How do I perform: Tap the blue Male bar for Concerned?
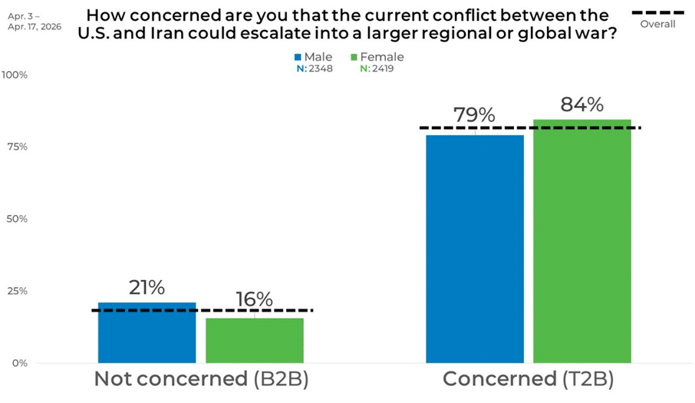pos(475,249)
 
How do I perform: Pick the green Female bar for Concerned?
pos(582,241)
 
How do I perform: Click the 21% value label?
pos(147,288)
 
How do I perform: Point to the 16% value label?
pos(255,300)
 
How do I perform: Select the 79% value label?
pos(474,115)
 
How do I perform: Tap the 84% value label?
pos(582,104)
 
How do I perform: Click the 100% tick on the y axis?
pos(15,75)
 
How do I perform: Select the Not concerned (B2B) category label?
pos(201,379)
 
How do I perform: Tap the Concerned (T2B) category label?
pos(528,379)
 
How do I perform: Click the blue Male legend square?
pos(298,58)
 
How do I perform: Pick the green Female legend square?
pos(354,58)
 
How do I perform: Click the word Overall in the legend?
pos(657,25)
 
